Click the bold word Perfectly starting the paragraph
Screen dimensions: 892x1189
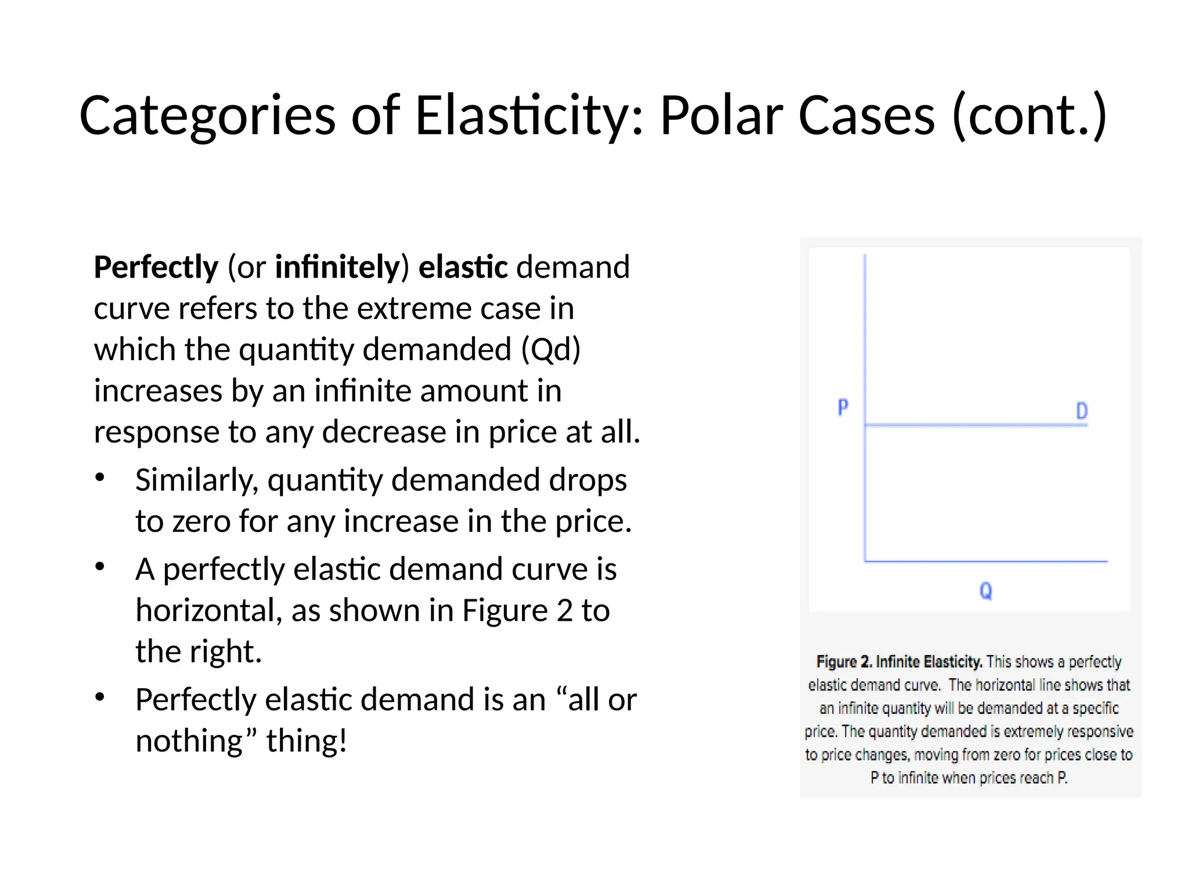156,268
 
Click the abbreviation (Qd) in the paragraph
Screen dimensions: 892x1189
551,350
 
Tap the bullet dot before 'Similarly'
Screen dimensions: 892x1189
100,478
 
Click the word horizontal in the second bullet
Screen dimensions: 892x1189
208,611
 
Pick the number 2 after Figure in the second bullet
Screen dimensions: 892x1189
565,611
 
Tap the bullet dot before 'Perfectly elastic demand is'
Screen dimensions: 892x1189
100,697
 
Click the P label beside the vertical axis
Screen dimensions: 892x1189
843,407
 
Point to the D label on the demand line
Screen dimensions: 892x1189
1082,411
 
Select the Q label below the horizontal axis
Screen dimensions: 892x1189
986,591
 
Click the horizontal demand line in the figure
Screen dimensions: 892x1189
975,426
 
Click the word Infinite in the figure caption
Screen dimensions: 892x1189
898,662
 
